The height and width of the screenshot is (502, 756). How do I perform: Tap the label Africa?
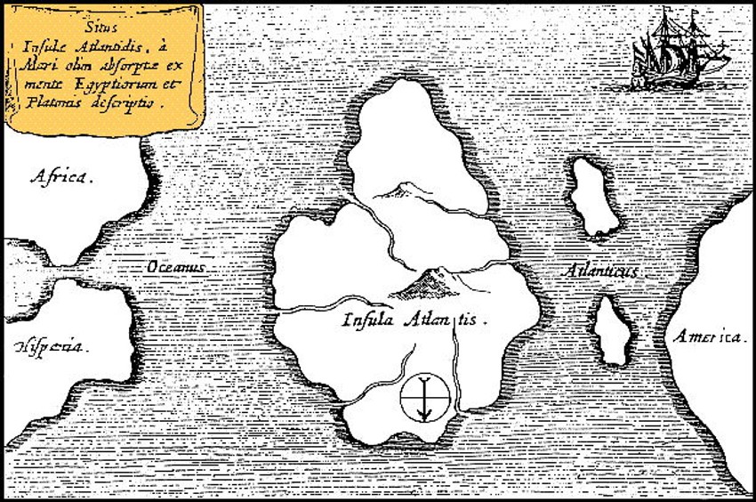pyautogui.click(x=60, y=177)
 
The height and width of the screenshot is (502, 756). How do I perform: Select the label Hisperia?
pyautogui.click(x=51, y=345)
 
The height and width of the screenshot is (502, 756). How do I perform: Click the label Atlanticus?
pyautogui.click(x=603, y=270)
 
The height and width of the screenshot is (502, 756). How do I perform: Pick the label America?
pyautogui.click(x=708, y=336)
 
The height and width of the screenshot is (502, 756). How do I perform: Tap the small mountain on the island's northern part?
pyautogui.click(x=398, y=187)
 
